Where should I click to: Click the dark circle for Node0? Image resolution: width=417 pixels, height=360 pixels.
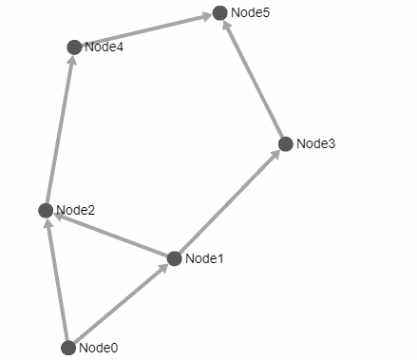click(x=68, y=348)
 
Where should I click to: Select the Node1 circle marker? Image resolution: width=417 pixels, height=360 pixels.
click(x=174, y=258)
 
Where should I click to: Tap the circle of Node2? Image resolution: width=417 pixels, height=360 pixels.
click(x=46, y=210)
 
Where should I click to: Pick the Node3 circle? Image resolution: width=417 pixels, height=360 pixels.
click(x=286, y=144)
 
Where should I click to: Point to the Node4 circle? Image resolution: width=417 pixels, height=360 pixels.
click(x=74, y=47)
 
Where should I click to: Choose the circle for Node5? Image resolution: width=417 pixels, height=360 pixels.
click(x=220, y=12)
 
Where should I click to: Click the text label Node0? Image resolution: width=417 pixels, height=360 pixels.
click(x=99, y=348)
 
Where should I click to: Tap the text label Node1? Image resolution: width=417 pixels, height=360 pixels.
click(x=204, y=258)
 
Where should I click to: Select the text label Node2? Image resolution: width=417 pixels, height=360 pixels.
click(x=76, y=210)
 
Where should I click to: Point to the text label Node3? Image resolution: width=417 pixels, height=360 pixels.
click(x=316, y=144)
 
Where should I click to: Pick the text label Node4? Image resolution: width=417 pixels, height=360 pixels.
click(x=104, y=47)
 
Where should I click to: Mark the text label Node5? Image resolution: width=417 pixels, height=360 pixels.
click(x=251, y=12)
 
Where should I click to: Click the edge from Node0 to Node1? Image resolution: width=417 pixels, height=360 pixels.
click(x=121, y=303)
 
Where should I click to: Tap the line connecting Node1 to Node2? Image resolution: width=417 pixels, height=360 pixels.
click(x=110, y=235)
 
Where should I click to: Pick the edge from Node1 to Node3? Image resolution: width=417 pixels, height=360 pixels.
click(x=230, y=201)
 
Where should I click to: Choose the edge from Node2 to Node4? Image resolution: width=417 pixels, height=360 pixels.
click(x=60, y=128)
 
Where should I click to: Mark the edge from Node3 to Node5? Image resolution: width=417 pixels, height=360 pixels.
click(x=254, y=79)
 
